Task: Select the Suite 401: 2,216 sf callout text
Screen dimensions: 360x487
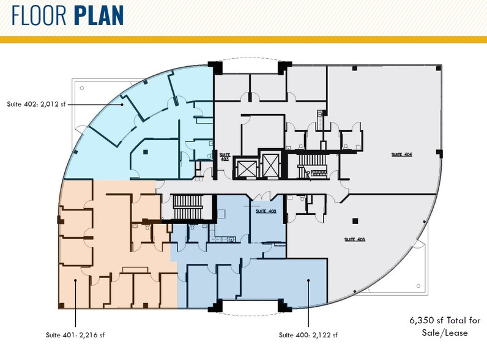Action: pyautogui.click(x=77, y=335)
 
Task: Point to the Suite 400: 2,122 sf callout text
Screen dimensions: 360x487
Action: pyautogui.click(x=308, y=335)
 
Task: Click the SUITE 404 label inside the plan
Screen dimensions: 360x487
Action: pyautogui.click(x=401, y=154)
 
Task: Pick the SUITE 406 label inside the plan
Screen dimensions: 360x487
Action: pyautogui.click(x=354, y=239)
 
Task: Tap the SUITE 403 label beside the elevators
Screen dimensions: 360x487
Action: pyautogui.click(x=225, y=157)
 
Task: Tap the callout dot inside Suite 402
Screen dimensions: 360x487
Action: pyautogui.click(x=122, y=105)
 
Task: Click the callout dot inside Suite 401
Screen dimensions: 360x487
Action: pyautogui.click(x=76, y=280)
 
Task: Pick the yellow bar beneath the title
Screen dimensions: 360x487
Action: pyautogui.click(x=243, y=39)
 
